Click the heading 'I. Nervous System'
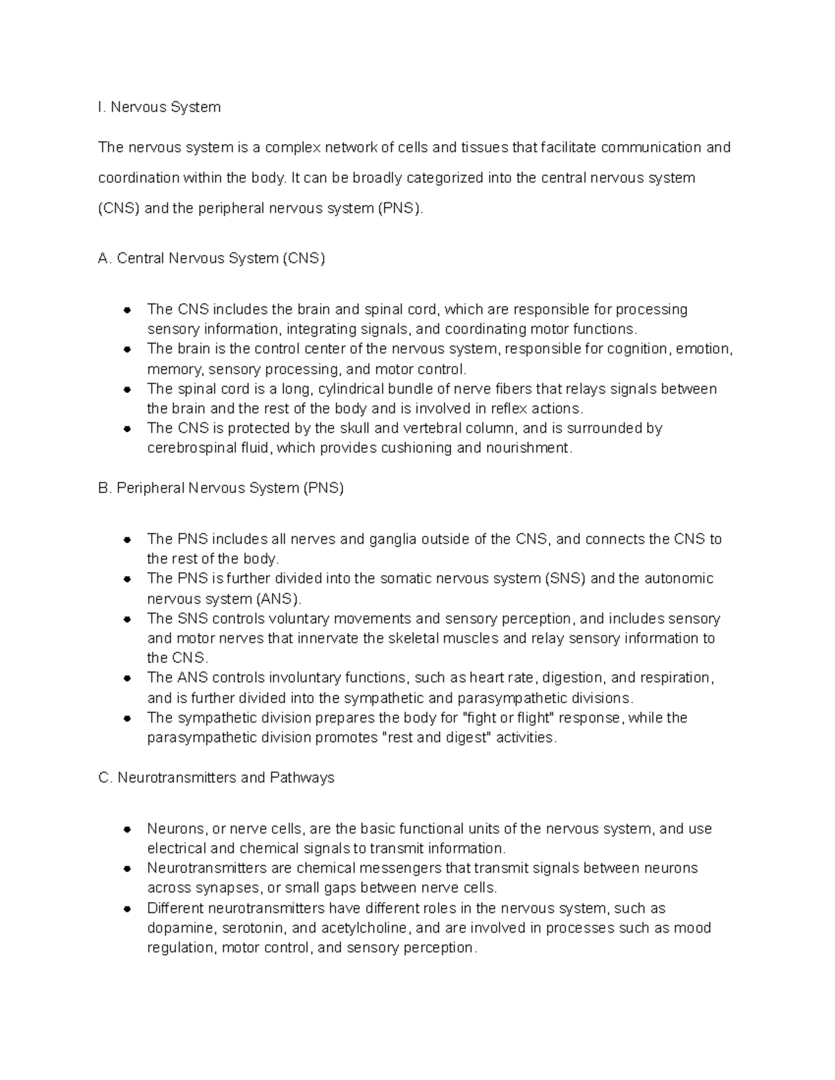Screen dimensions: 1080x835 [159, 107]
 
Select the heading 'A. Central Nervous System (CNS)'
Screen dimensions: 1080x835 [212, 259]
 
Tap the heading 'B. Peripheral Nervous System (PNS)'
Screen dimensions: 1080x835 [221, 488]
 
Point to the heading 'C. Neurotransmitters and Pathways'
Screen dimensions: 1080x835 [216, 777]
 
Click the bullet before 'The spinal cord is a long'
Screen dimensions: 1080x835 [127, 389]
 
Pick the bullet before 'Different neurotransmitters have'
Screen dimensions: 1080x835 [127, 909]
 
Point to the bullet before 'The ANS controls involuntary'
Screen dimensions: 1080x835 [127, 678]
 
